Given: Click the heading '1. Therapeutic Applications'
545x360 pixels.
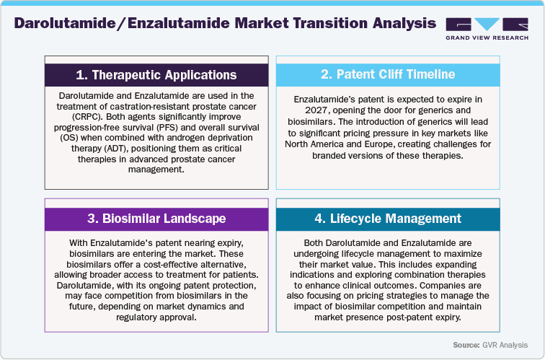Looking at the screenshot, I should click(156, 75).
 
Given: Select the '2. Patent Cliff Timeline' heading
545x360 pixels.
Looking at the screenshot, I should click(388, 74).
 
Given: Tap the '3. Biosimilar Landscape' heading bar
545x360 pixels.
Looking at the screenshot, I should click(156, 219).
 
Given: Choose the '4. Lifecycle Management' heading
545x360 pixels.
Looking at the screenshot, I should click(388, 219).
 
